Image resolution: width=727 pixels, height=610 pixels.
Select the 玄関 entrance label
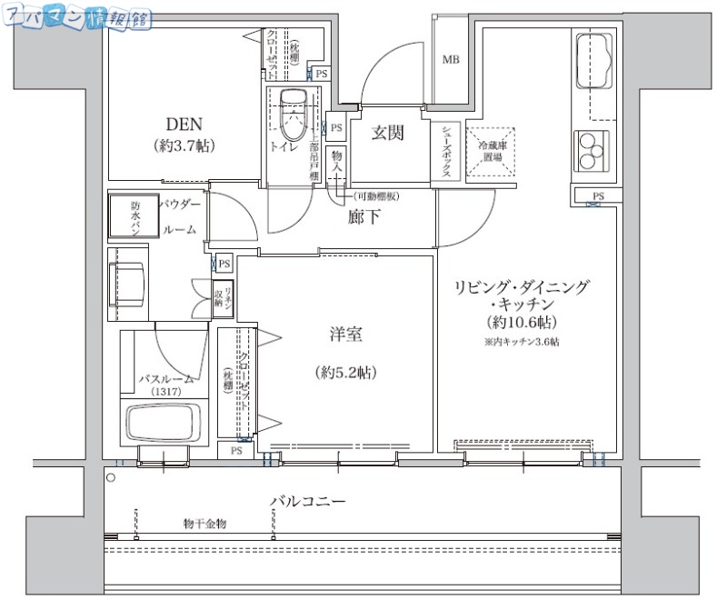(x=387, y=133)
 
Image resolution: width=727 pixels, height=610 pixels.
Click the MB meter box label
(x=450, y=61)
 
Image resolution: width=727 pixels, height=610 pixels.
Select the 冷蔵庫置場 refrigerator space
(x=491, y=150)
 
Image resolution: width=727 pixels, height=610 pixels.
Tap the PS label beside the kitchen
(x=599, y=195)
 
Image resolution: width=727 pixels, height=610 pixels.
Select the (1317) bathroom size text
(x=166, y=391)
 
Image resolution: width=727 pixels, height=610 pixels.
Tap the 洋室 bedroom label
(x=345, y=335)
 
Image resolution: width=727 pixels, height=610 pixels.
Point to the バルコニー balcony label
(x=307, y=502)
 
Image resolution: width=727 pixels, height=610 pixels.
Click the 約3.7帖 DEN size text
(x=184, y=145)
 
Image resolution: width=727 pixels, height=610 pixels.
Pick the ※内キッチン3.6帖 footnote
(x=521, y=342)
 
